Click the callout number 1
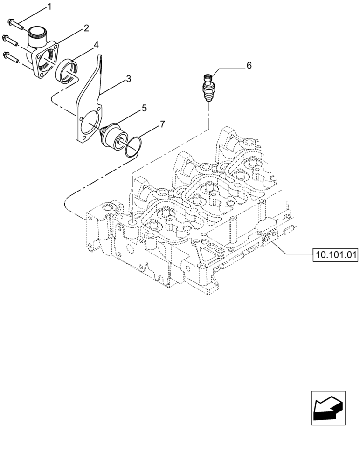coord(50,7)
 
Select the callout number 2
coord(86,28)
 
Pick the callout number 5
coord(144,108)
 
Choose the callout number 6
coord(249,66)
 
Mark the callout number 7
coord(162,124)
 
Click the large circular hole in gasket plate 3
coord(90,123)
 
